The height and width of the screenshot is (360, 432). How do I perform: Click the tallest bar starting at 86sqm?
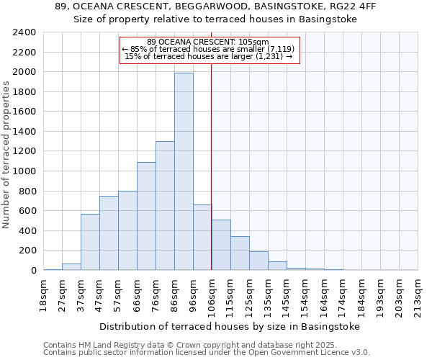click(184, 171)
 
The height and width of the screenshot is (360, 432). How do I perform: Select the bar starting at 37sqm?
click(90, 242)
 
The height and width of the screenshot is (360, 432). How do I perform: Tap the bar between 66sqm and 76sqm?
click(146, 216)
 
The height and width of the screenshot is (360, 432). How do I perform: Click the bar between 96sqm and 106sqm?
click(202, 238)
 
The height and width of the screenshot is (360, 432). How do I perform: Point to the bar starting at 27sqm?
click(71, 267)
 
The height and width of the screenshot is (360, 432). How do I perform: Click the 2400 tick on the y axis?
click(24, 32)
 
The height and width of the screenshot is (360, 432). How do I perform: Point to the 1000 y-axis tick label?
click(24, 171)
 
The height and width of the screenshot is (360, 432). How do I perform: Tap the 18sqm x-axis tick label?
click(43, 295)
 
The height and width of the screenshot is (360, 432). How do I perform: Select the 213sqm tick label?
click(418, 295)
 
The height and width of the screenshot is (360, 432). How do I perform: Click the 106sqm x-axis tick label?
click(212, 295)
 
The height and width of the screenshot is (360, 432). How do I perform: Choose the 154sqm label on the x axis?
click(306, 295)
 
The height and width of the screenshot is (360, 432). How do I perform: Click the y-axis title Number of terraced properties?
click(6, 154)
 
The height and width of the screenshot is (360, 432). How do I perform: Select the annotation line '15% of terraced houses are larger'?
click(209, 56)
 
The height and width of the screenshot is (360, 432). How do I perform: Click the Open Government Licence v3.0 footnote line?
click(207, 352)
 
